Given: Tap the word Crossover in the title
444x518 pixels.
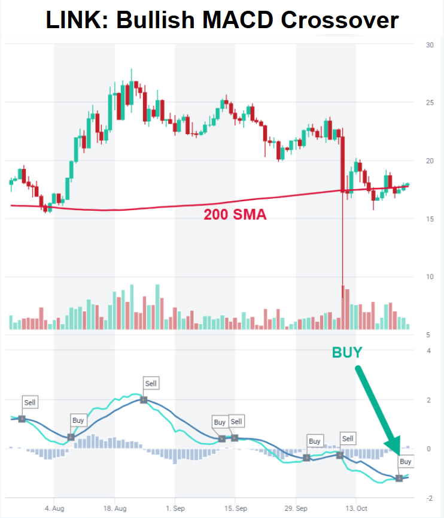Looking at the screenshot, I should tap(338, 21).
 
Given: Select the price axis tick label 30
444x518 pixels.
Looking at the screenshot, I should tap(429, 45).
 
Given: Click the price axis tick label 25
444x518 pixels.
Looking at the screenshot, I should tap(429, 103).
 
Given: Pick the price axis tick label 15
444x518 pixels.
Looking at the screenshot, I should tap(429, 219).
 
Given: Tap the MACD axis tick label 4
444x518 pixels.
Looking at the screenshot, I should tap(428, 350).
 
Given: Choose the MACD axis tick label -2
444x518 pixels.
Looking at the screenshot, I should tap(428, 498).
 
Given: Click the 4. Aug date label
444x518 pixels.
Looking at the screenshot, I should tap(54, 508).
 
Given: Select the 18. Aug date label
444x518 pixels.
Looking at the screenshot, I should tap(115, 508).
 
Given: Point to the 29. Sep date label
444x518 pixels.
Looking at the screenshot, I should tap(296, 508).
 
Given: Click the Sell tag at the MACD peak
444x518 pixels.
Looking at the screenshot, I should tap(151, 383).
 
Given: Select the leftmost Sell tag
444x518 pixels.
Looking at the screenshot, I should tap(30, 402).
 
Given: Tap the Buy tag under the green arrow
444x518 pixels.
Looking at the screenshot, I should tap(406, 462).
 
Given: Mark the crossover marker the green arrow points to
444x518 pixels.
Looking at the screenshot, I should tap(399, 478).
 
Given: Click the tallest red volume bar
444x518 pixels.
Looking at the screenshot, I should tap(343, 307).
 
